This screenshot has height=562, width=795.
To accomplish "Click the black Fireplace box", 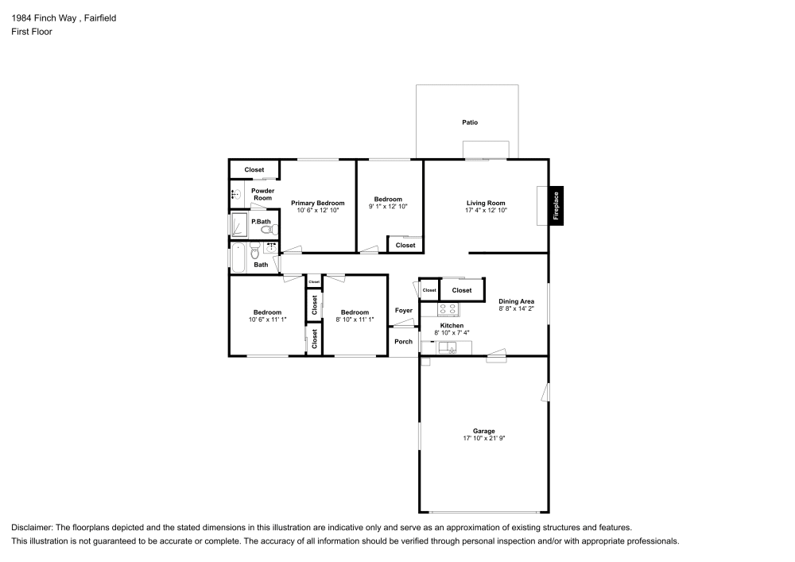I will click(556, 205).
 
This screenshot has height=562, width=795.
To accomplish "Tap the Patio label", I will click(471, 122).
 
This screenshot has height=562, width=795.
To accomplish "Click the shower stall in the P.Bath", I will click(238, 225).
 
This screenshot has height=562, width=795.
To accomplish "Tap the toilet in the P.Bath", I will click(267, 230).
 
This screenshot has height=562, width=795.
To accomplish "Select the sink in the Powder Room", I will click(235, 194).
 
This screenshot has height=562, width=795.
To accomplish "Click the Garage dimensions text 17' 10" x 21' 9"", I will click(484, 439).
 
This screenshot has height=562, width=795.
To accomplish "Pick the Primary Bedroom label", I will click(317, 203).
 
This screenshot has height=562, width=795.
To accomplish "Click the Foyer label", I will click(404, 310).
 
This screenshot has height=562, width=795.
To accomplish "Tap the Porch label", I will click(404, 342).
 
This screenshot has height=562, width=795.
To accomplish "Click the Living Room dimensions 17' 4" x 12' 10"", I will click(486, 211).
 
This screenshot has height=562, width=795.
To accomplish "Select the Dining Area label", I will click(516, 301).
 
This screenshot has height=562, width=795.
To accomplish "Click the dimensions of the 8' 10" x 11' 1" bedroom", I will click(354, 320).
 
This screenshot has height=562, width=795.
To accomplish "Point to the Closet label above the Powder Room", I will click(254, 170).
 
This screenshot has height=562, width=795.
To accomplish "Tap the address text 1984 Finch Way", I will click(43, 17).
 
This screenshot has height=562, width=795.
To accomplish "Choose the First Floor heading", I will click(32, 32).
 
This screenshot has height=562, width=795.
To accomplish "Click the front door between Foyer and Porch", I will click(404, 326).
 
